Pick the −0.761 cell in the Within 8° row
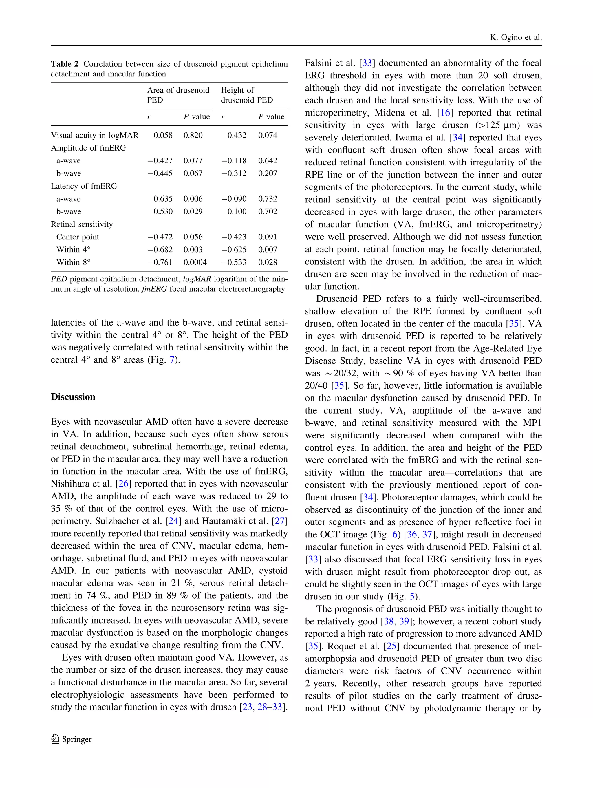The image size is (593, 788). [x=160, y=263]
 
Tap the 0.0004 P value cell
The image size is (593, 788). [x=195, y=263]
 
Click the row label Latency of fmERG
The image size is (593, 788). [x=84, y=186]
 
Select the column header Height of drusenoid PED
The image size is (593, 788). [x=246, y=95]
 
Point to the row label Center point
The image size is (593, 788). [x=77, y=237]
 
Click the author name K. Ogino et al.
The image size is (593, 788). [x=515, y=37]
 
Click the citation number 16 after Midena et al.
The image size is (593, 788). [x=445, y=113]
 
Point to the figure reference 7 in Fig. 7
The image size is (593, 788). [x=172, y=360]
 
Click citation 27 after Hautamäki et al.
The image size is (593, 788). [x=280, y=521]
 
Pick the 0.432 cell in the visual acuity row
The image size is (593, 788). [x=237, y=135]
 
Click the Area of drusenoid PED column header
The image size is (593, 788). [x=178, y=95]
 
